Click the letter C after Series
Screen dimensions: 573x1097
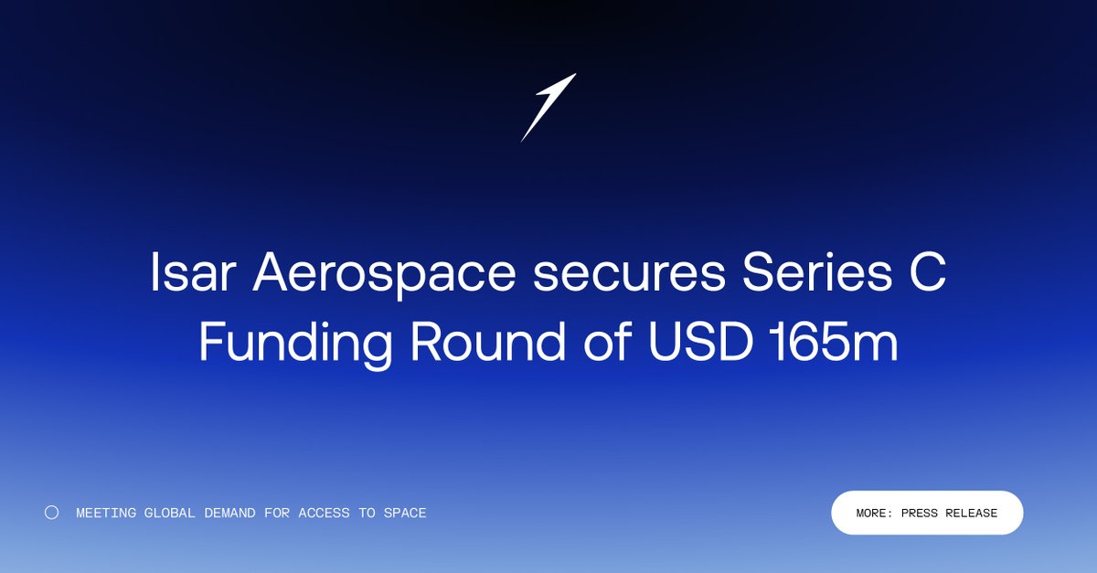pyautogui.click(x=925, y=273)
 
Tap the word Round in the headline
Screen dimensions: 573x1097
pyautogui.click(x=475, y=343)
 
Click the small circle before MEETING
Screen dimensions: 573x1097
pyautogui.click(x=52, y=513)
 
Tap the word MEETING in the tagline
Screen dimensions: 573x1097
pyautogui.click(x=106, y=514)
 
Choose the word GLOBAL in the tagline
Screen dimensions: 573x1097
pyautogui.click(x=169, y=514)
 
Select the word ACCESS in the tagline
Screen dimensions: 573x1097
pyautogui.click(x=324, y=514)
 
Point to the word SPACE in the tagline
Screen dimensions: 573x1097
pyautogui.click(x=405, y=514)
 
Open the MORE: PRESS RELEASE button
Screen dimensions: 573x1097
pyautogui.click(x=926, y=513)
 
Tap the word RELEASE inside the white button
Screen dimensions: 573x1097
pyautogui.click(x=971, y=514)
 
